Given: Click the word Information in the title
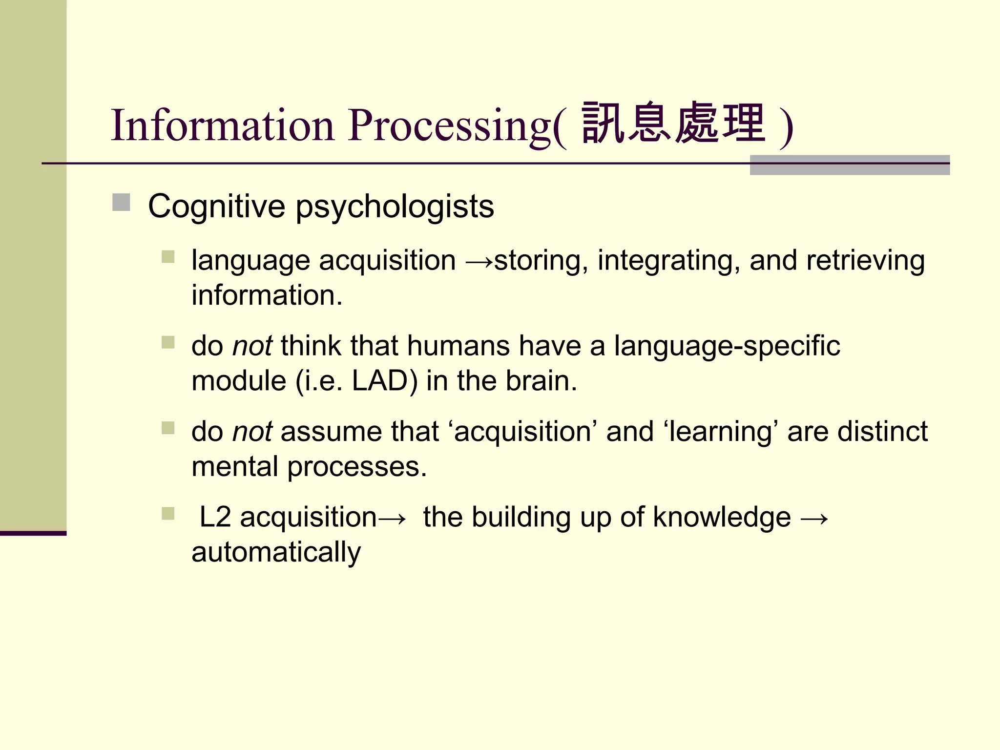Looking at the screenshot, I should tap(222, 125).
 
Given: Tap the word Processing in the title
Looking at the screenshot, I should tap(449, 125).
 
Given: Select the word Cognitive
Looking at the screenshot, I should tap(216, 207).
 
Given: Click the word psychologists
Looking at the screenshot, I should tap(395, 207).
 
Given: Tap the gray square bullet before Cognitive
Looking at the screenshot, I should tap(121, 203).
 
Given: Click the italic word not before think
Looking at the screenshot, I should tap(252, 346).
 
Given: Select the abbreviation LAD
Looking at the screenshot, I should tap(379, 381).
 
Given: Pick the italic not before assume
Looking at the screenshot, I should tap(252, 432).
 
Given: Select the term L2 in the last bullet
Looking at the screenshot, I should tap(215, 518).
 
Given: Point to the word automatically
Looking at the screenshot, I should tap(276, 553).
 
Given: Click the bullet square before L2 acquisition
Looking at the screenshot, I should tap(168, 513).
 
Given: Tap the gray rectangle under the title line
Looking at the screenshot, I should tap(850, 165).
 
